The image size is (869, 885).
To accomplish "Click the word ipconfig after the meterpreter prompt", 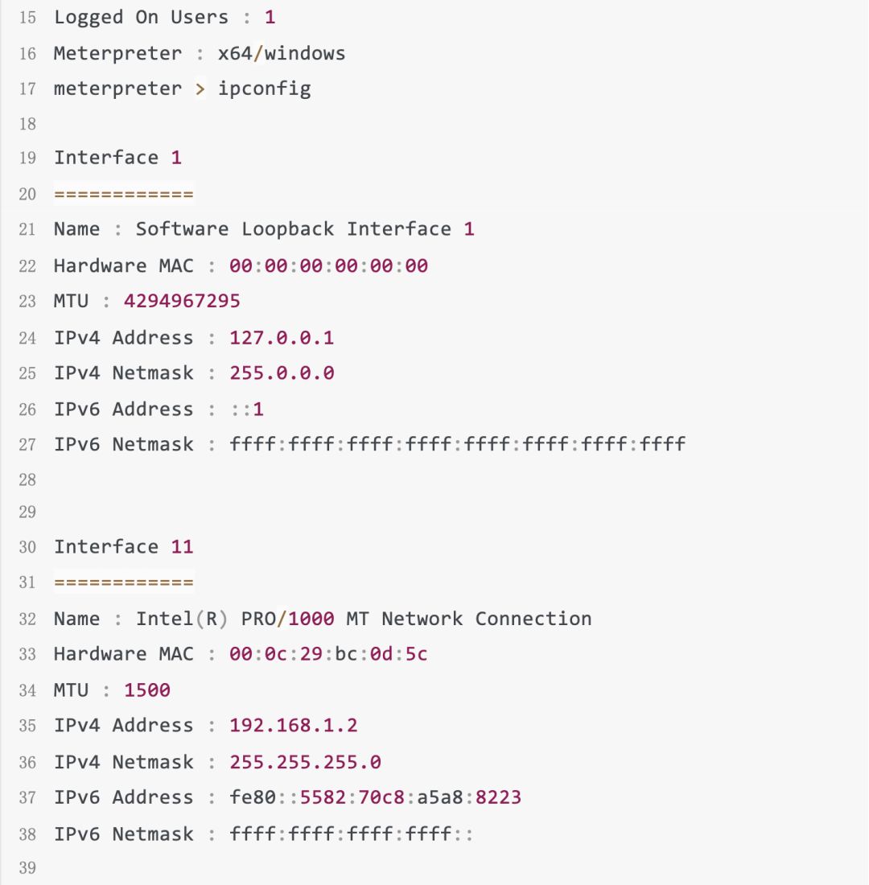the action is (x=264, y=88).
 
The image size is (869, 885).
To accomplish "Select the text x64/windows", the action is (x=282, y=54).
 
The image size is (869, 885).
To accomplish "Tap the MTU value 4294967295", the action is (x=182, y=302).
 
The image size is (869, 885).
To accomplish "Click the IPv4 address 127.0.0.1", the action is (x=282, y=338).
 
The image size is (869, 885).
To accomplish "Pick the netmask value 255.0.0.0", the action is (x=282, y=373).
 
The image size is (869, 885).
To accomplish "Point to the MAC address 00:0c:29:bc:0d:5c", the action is (x=328, y=654).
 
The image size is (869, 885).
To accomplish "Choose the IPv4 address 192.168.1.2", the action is (x=294, y=726).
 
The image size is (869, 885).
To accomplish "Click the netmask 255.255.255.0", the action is (x=305, y=762).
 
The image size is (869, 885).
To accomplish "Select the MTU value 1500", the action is (x=147, y=690).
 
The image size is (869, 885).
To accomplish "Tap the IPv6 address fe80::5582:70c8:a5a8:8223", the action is (x=376, y=797).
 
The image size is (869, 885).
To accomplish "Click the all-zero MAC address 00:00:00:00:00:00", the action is (x=328, y=265).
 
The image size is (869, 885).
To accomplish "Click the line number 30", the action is (x=27, y=547).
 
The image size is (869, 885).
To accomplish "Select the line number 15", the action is (x=27, y=18).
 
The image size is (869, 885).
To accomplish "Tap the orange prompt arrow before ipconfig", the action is (x=200, y=88).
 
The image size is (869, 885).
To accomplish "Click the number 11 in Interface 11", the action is (x=182, y=547).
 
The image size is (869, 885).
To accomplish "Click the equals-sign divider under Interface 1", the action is (x=123, y=195).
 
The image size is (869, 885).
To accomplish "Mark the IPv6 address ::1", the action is (x=247, y=410).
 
